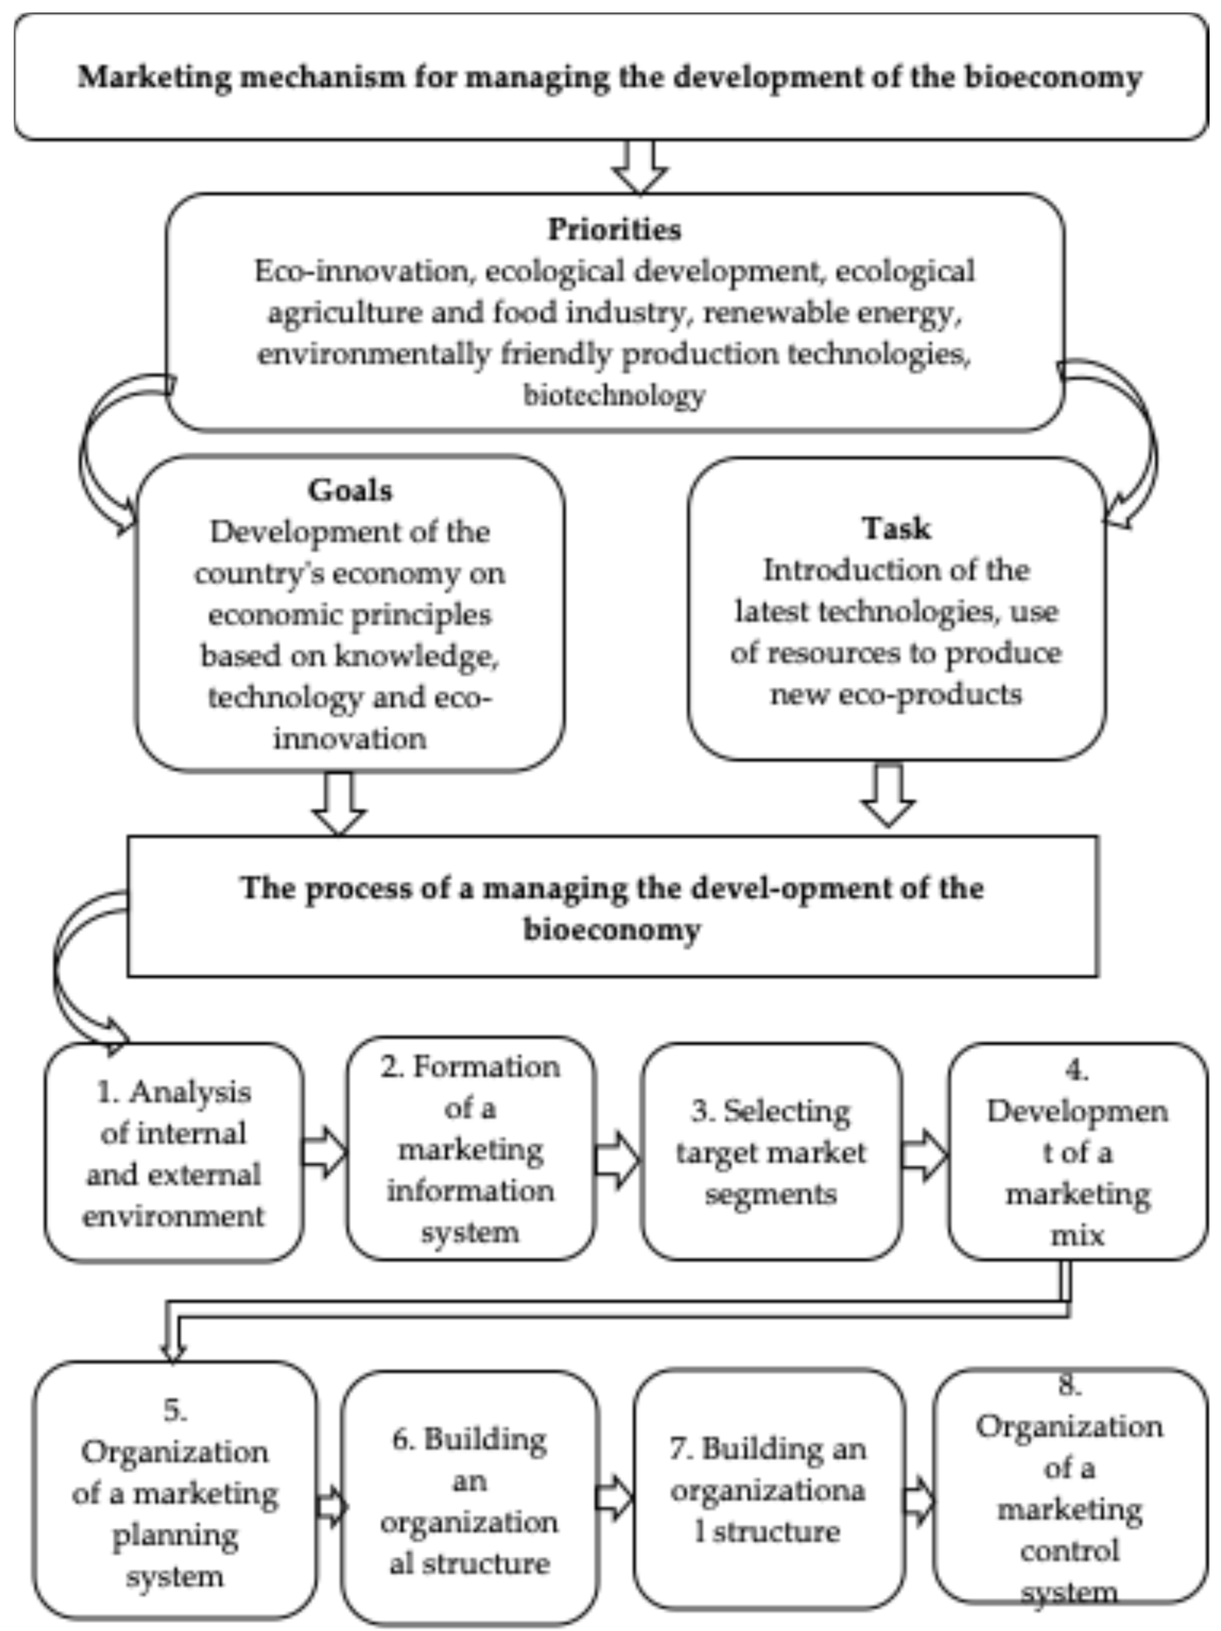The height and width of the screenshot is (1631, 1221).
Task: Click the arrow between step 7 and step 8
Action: [x=919, y=1501]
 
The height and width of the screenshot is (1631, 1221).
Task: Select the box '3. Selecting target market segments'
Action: [x=771, y=1152]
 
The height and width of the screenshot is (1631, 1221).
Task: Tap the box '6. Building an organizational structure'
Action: [x=470, y=1501]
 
